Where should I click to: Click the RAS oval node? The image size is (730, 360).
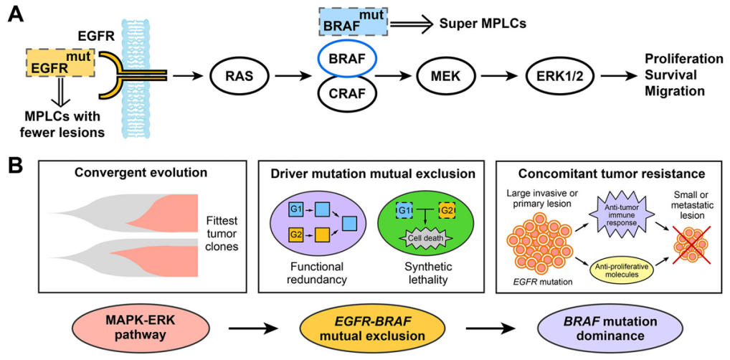pyautogui.click(x=234, y=74)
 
